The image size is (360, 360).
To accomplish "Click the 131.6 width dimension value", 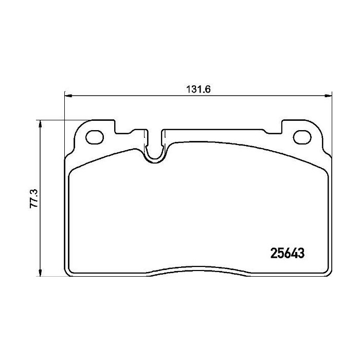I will [x=198, y=88].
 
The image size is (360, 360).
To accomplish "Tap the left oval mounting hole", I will [x=95, y=138].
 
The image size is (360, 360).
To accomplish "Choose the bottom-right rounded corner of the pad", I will [x=327, y=273].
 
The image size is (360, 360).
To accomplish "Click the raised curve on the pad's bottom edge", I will [x=198, y=268].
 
